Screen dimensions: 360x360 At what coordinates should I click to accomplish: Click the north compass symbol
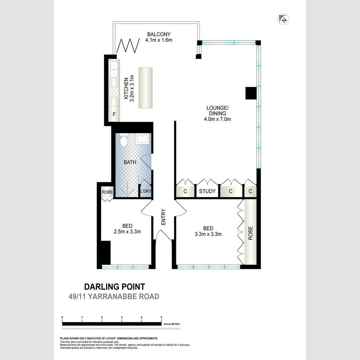283,19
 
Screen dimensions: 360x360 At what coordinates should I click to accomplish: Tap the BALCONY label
159,34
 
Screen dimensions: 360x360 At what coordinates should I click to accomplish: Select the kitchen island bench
145,88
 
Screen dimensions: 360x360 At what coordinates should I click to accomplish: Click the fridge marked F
114,114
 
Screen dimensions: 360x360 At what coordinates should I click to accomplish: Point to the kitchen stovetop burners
114,92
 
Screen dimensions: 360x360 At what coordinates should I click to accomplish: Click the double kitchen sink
114,69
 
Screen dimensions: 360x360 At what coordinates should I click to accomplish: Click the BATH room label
130,162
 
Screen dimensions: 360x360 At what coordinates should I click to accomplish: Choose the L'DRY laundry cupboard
146,191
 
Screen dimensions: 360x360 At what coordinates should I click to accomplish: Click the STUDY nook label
207,191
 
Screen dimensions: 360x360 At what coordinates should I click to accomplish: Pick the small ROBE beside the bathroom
107,192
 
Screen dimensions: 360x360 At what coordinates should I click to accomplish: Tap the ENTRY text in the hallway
163,217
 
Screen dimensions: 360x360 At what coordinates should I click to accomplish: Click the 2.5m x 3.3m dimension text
127,232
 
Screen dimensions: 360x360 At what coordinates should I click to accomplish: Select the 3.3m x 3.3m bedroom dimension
208,234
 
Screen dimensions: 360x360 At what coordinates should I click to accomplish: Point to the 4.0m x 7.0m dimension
218,119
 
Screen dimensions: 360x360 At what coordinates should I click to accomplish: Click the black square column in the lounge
251,93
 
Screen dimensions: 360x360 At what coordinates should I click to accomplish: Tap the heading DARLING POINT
115,287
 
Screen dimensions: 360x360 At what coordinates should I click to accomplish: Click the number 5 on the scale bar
162,317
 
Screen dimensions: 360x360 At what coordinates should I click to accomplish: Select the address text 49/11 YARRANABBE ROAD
114,296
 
